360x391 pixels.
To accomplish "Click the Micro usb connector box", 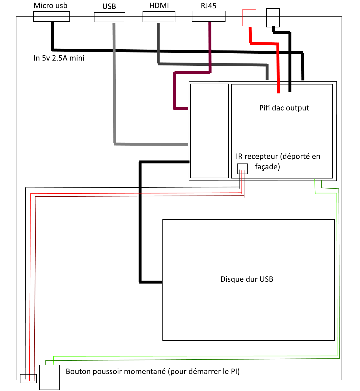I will pyautogui.click(x=52, y=17).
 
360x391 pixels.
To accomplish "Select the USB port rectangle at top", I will pyautogui.click(x=109, y=17).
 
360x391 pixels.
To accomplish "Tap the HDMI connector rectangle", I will pyautogui.click(x=159, y=17).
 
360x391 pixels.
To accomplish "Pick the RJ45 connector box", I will pyautogui.click(x=209, y=16).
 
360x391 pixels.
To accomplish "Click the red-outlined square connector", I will pyautogui.click(x=249, y=18).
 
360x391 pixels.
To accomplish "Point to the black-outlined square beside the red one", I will pyautogui.click(x=273, y=18).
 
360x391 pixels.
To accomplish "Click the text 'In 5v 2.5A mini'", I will pyautogui.click(x=59, y=58).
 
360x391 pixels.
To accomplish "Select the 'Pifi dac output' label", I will pyautogui.click(x=284, y=108).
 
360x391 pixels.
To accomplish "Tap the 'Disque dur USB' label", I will pyautogui.click(x=247, y=279).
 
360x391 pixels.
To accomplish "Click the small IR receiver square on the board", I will pyautogui.click(x=242, y=169).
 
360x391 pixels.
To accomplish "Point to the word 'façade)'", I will pyautogui.click(x=267, y=167).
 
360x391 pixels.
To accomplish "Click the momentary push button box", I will pyautogui.click(x=49, y=377).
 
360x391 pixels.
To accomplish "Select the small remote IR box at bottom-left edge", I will pyautogui.click(x=28, y=378).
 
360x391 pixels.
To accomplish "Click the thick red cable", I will pyautogui.click(x=278, y=66).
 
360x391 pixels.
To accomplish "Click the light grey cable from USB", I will pyautogui.click(x=115, y=87).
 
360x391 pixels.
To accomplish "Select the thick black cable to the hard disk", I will pyautogui.click(x=140, y=222).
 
